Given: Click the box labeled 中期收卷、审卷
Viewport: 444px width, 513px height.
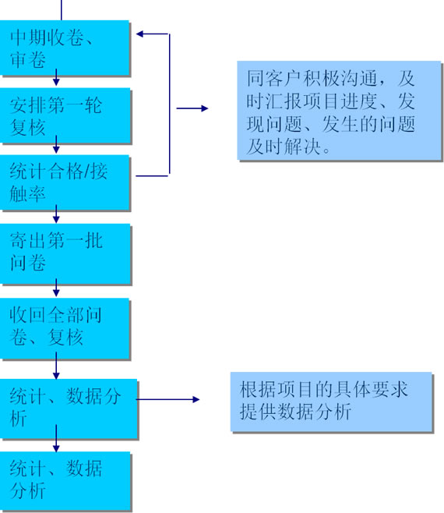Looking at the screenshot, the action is tap(65, 48).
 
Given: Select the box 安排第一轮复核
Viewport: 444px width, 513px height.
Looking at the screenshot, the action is tap(65, 115).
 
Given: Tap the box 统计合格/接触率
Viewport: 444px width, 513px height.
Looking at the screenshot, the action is tap(65, 182).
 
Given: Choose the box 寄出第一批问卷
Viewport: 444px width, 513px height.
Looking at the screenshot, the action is tap(65, 253).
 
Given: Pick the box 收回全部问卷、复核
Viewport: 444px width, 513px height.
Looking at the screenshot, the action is tap(65, 328).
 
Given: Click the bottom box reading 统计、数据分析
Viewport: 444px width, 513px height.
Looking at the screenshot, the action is tap(65, 480).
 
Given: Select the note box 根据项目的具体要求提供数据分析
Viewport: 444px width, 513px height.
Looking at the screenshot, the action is tap(331, 402).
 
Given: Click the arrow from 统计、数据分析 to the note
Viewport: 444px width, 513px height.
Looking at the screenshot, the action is tap(167, 399).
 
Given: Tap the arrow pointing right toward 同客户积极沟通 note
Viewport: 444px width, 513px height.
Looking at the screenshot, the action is tap(192, 108).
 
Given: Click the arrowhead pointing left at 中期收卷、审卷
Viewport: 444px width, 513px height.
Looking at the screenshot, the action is tap(139, 34).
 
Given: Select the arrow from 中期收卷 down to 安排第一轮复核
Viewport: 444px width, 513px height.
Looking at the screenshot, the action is tap(56, 77).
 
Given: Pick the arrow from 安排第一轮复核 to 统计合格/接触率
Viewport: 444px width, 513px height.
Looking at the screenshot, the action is tap(56, 144).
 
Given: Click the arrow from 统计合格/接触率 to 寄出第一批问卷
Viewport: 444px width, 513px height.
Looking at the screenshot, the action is tap(56, 214).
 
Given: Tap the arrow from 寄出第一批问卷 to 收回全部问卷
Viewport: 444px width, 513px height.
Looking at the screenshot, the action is tap(56, 288).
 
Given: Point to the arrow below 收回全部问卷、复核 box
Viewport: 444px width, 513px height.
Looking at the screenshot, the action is tap(56, 366).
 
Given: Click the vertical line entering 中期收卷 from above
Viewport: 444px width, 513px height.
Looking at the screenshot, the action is tap(61, 10).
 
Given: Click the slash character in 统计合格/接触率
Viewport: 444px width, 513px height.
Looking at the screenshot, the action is tap(87, 172).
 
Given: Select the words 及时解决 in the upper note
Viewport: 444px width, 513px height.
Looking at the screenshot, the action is tap(284, 146).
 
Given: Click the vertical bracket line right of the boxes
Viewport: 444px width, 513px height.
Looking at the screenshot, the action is tap(169, 104).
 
